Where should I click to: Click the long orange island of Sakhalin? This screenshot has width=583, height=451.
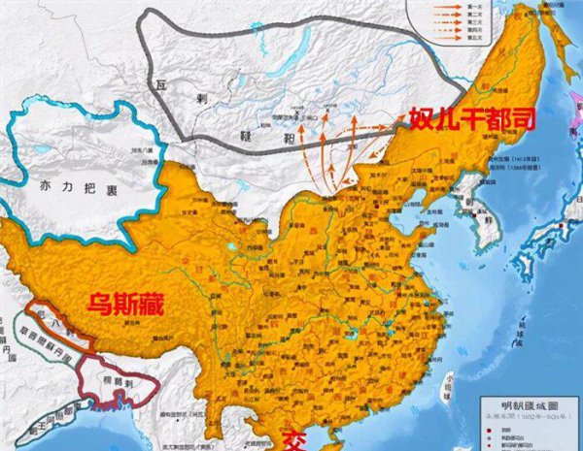coord(555,58)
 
